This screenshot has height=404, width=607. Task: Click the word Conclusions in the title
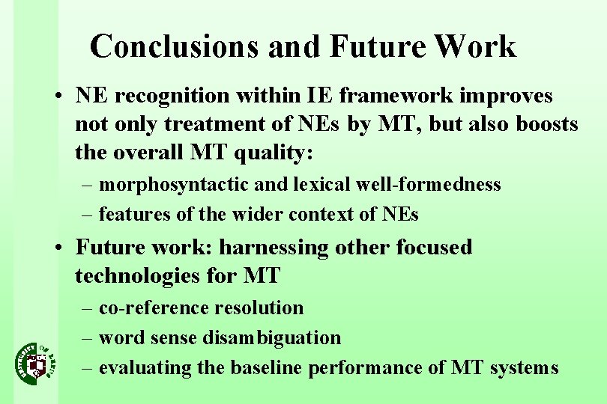coord(172,46)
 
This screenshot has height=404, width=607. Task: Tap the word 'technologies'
coord(139,275)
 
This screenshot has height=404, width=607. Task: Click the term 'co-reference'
coord(154,307)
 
